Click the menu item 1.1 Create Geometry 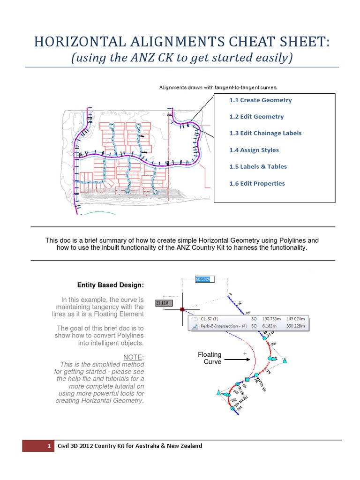click(260, 100)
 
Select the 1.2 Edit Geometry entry click(256, 117)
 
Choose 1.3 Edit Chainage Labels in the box click(265, 133)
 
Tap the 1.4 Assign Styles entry click(254, 150)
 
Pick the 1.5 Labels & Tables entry click(258, 166)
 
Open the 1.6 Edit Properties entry click(257, 183)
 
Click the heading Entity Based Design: click(111, 285)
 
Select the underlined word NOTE click(133, 357)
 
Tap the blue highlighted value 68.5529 click(205, 279)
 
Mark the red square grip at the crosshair click(182, 309)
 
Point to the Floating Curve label click(210, 358)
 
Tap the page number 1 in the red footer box click(49, 446)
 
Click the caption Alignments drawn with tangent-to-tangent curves click(218, 87)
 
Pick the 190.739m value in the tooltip click(272, 318)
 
